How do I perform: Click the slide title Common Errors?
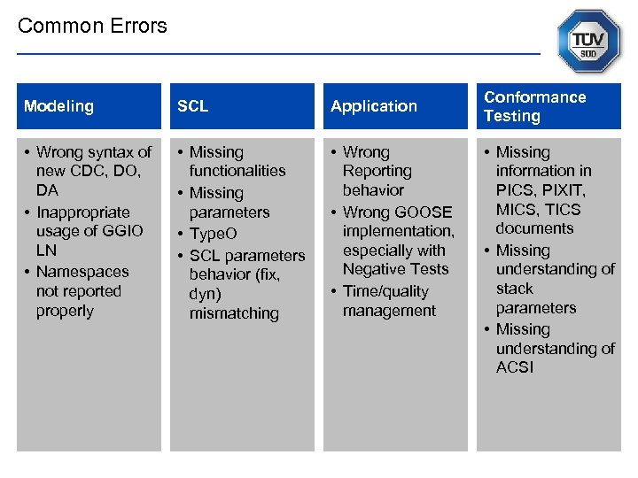pos(92,26)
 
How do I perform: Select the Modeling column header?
pos(58,106)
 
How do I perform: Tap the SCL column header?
pos(192,106)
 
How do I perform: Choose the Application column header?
pos(373,106)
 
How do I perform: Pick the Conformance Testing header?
pos(534,106)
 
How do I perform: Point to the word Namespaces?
pos(82,272)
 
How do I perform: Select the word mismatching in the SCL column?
pos(234,313)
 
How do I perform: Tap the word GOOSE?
pos(423,212)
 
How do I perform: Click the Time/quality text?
pos(385,291)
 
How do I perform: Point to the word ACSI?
pos(515,367)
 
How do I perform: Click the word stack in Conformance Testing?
pos(515,289)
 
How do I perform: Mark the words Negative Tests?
pos(395,269)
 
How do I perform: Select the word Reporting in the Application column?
pos(377,171)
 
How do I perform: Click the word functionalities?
pos(237,171)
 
